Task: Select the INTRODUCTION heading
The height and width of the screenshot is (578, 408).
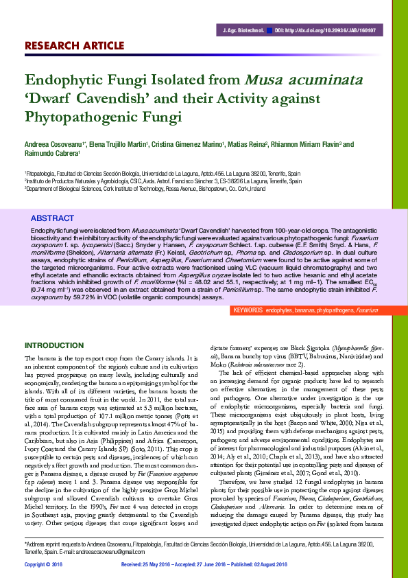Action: [54, 345]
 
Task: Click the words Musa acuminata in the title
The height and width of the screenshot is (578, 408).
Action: [306, 81]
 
